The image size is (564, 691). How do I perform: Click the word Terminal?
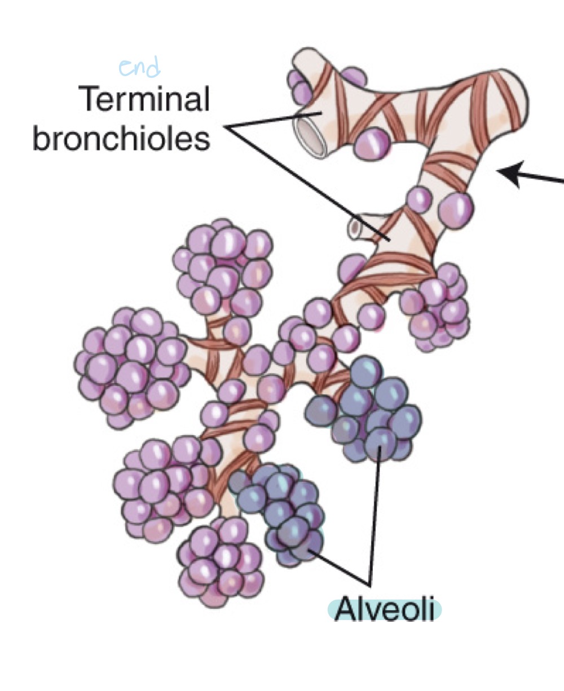pos(146,100)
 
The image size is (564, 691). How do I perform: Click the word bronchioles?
pos(121,138)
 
